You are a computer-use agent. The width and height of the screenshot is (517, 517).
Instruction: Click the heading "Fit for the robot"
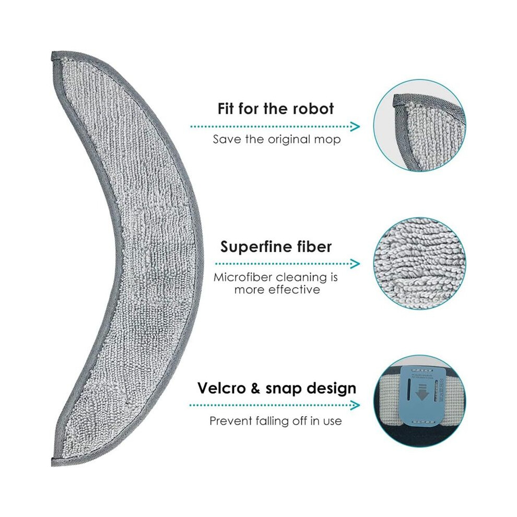click(x=276, y=109)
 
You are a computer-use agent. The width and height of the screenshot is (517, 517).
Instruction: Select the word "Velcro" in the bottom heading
click(x=221, y=388)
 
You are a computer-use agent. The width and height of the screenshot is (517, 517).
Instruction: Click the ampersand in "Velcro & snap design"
click(x=255, y=389)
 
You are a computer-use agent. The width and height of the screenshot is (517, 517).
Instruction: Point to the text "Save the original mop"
click(x=277, y=139)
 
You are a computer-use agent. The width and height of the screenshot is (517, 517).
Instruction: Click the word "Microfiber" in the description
click(x=243, y=277)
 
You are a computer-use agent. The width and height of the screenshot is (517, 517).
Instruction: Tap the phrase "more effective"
click(x=277, y=290)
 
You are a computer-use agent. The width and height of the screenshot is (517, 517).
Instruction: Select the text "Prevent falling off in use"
click(x=276, y=421)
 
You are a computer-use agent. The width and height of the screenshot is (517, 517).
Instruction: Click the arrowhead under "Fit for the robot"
click(x=355, y=126)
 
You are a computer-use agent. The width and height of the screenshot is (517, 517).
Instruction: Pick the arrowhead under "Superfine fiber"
click(x=355, y=264)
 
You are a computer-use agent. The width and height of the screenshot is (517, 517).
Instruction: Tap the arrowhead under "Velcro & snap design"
click(x=355, y=405)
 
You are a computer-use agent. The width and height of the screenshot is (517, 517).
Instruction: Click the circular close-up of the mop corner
click(x=420, y=126)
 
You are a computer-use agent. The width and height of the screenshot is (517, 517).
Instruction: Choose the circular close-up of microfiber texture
click(x=420, y=263)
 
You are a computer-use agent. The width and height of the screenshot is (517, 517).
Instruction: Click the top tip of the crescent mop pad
click(x=53, y=52)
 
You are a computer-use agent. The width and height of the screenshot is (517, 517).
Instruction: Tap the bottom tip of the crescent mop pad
click(x=53, y=465)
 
